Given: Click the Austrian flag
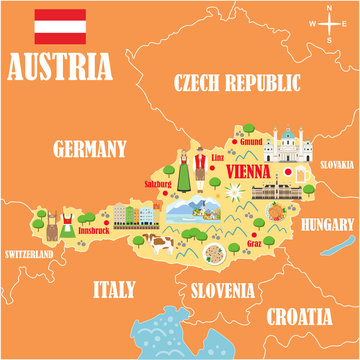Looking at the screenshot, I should (x=59, y=27).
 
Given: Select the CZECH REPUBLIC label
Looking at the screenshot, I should (x=237, y=82).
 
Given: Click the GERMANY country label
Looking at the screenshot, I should (x=90, y=150).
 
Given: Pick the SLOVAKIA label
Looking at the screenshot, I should (x=337, y=164).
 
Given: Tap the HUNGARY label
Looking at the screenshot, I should (x=327, y=223).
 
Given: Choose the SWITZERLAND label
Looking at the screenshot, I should (x=28, y=255).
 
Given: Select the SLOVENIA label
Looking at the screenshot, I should (x=221, y=291).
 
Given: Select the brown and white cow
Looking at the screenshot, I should (x=157, y=244).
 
